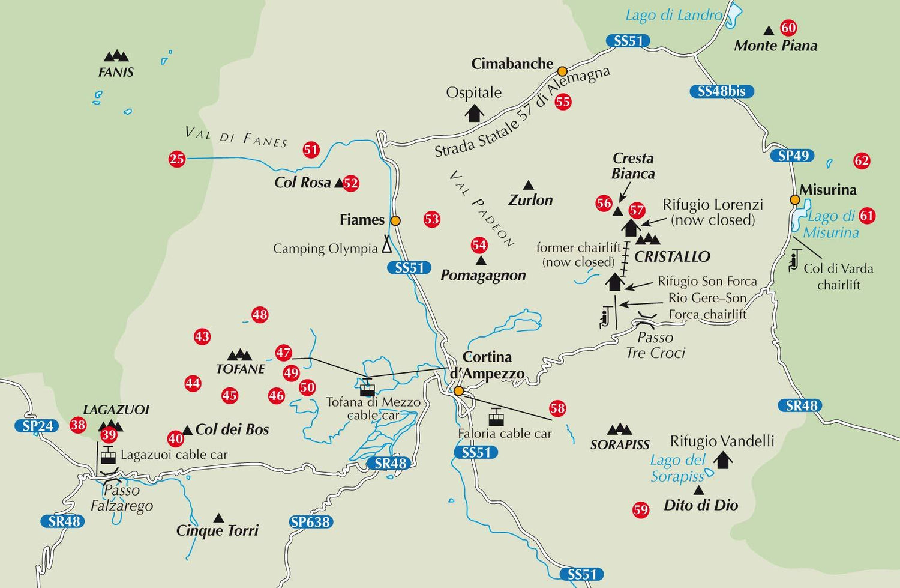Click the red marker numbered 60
788,28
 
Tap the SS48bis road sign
721,91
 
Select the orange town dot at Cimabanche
562,71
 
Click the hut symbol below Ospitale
475,112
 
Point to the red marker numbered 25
177,159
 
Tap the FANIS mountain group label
116,72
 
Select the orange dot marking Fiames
395,220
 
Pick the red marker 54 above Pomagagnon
479,245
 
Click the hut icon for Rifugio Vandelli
722,460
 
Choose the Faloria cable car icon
496,416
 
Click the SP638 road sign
310,522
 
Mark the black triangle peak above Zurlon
528,186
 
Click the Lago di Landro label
673,15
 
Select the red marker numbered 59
641,510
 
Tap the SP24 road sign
37,426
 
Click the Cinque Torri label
217,530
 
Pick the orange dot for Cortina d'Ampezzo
458,391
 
